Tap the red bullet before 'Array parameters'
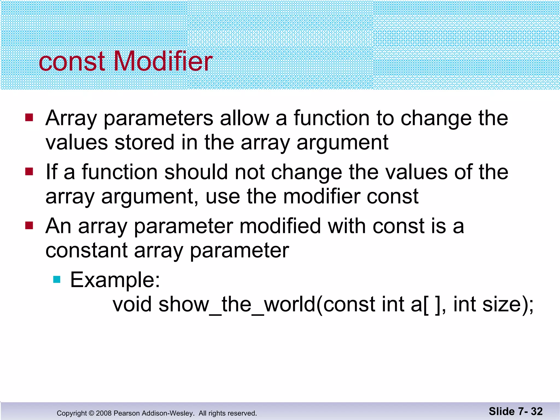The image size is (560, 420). pos(29,118)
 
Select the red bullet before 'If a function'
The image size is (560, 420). pos(29,172)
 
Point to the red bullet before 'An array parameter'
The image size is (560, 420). pos(29,226)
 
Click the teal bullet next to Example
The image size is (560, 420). pos(57,279)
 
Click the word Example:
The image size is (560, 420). pos(115,280)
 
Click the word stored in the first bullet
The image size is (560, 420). pos(144,142)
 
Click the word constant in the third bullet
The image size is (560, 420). pos(86,250)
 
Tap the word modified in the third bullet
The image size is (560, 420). pos(280,226)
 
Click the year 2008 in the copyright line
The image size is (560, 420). pos(104,413)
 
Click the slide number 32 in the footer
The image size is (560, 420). pos(537,411)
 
